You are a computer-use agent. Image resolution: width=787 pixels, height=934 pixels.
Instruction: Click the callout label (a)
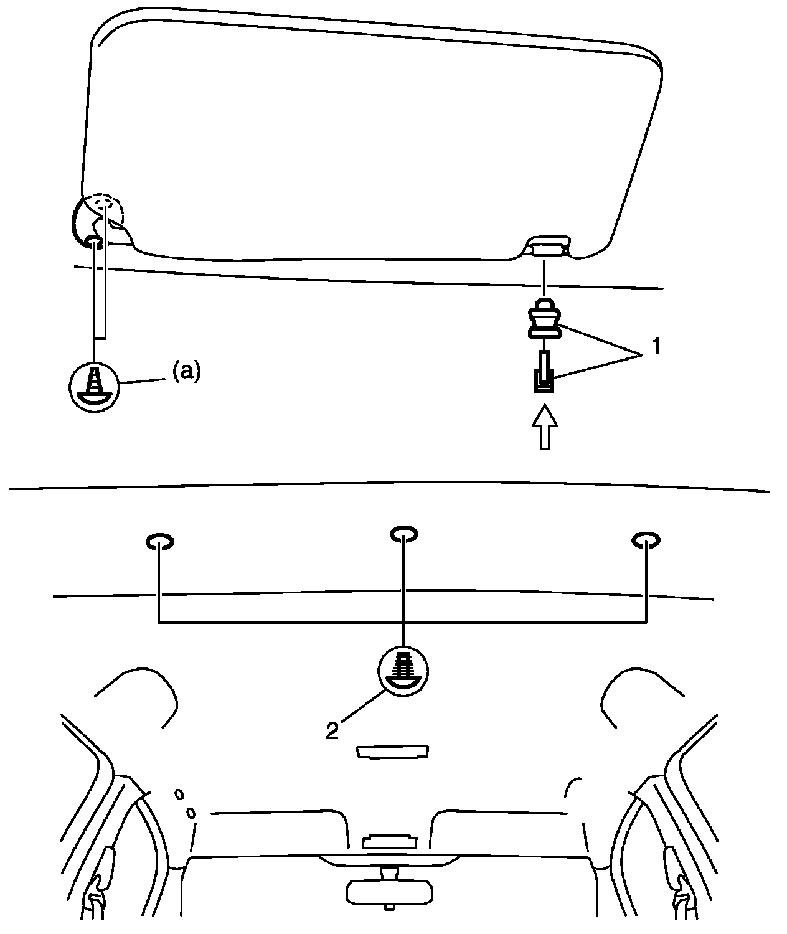[186, 372]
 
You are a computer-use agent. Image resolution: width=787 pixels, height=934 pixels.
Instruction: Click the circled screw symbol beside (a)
[93, 385]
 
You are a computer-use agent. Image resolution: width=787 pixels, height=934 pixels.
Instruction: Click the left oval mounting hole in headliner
[160, 542]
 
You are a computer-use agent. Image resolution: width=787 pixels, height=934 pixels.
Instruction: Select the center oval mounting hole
[403, 534]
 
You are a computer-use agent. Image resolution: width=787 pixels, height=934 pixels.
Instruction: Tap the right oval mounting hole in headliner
[646, 540]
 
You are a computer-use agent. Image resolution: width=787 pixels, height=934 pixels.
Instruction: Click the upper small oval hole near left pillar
[179, 795]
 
